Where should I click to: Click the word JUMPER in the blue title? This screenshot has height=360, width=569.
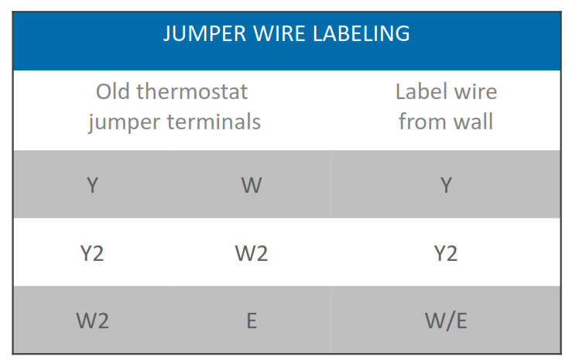204,34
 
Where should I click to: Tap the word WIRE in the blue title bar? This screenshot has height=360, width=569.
279,34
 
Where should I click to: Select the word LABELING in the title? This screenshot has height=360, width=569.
361,34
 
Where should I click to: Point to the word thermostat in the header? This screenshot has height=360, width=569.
192,91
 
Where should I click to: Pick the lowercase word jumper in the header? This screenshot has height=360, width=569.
124,122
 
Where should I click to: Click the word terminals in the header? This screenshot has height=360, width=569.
214,122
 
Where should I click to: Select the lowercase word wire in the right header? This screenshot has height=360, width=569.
475,91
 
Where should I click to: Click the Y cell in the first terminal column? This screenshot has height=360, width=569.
93,185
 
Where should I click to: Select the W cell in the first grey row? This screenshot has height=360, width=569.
252,185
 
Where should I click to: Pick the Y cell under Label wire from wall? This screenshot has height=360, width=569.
446,185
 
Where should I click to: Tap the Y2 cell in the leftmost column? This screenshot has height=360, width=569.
92,253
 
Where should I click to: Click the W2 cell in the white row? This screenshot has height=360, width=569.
252,253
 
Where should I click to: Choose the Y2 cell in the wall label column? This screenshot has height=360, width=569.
446,253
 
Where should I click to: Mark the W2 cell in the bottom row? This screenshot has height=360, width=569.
92,321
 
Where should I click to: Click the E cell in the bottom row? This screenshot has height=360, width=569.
252,321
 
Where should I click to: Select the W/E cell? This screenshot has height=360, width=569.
446,321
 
